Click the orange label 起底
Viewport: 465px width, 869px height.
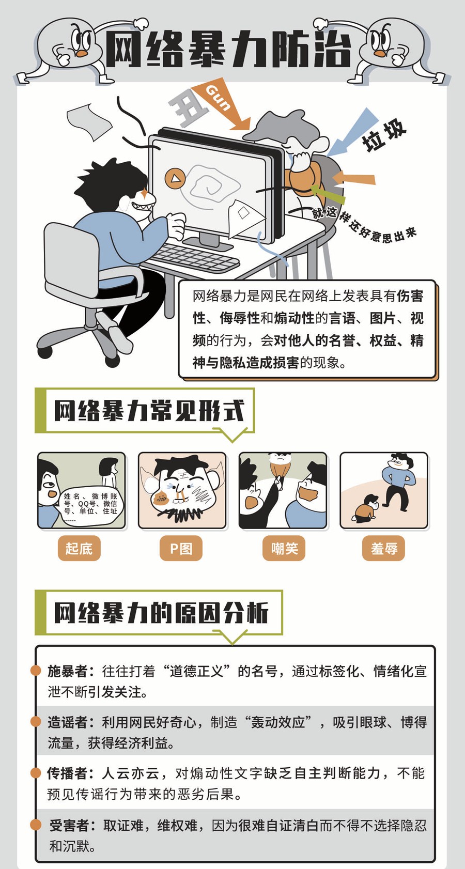click(79, 548)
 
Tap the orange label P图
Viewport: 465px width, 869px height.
click(181, 548)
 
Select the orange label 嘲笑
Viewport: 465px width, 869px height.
click(284, 548)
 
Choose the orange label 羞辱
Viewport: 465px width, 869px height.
click(383, 548)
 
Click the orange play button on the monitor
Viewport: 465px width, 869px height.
click(175, 178)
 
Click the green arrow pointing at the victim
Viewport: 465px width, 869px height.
click(328, 194)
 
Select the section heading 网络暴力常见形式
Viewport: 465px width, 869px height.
click(149, 410)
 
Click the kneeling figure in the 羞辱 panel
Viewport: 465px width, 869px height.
click(365, 507)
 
